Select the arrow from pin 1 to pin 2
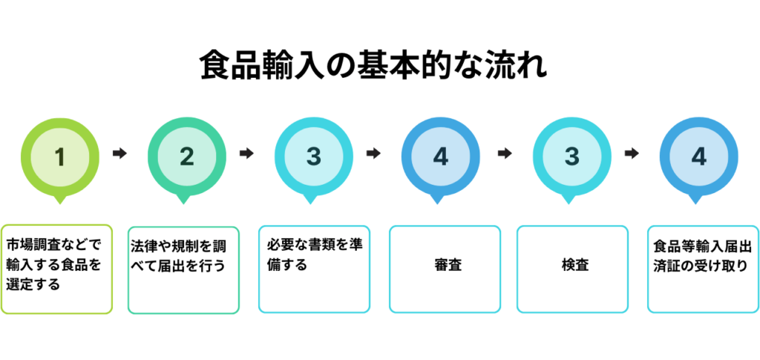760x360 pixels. (x=119, y=154)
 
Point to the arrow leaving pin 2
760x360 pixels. (x=246, y=154)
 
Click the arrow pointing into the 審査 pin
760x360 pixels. (x=373, y=154)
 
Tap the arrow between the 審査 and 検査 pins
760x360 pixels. (x=505, y=154)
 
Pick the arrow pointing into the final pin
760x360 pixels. (x=632, y=154)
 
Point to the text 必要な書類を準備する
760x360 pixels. (x=315, y=255)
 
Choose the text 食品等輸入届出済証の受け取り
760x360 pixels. (x=703, y=256)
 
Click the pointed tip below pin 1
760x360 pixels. (x=60, y=204)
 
